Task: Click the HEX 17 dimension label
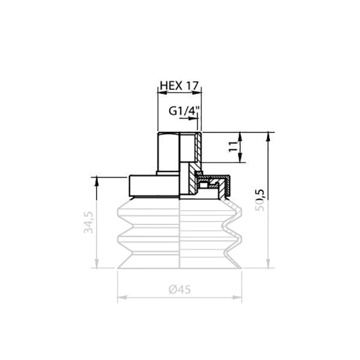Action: (179, 86)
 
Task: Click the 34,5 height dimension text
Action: (89, 223)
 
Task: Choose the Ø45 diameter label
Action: (179, 289)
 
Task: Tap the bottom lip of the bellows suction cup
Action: (179, 264)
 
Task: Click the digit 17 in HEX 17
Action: (191, 86)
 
